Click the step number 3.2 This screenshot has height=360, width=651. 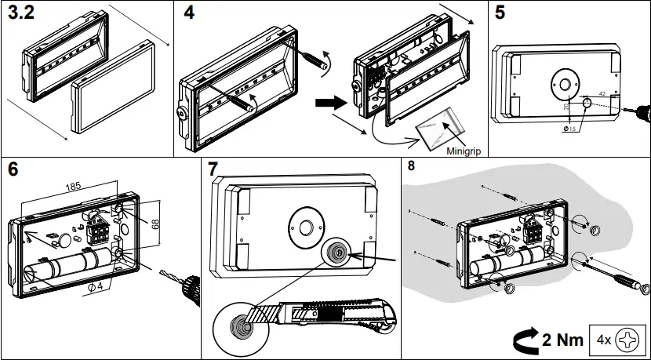pos(22,15)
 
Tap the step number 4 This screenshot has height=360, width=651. pos(188,13)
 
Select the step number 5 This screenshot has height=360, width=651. pos(500,13)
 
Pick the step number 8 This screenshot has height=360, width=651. pos(413,165)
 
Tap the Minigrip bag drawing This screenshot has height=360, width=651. pos(439,125)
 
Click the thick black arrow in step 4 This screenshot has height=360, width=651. pos(327,101)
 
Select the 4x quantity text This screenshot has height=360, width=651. pos(604,340)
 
